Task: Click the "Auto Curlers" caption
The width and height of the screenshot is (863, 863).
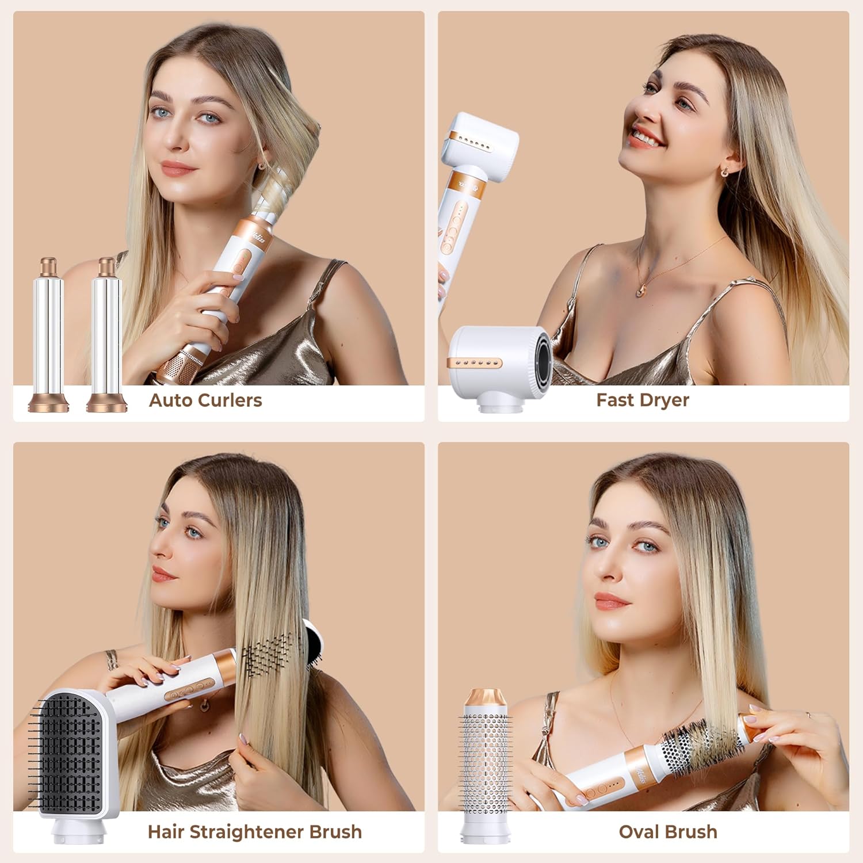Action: coord(205,400)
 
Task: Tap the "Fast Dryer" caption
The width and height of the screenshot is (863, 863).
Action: coord(642,400)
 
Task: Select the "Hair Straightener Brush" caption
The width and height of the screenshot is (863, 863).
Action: coord(255,832)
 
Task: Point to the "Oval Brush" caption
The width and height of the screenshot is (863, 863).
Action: coord(667,832)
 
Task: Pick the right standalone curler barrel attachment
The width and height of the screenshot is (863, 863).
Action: coord(106,337)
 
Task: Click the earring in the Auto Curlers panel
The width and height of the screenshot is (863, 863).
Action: coord(262,166)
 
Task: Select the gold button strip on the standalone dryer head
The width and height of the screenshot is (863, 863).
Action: coord(474,364)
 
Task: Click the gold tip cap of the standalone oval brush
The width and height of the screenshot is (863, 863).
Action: coord(486,701)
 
